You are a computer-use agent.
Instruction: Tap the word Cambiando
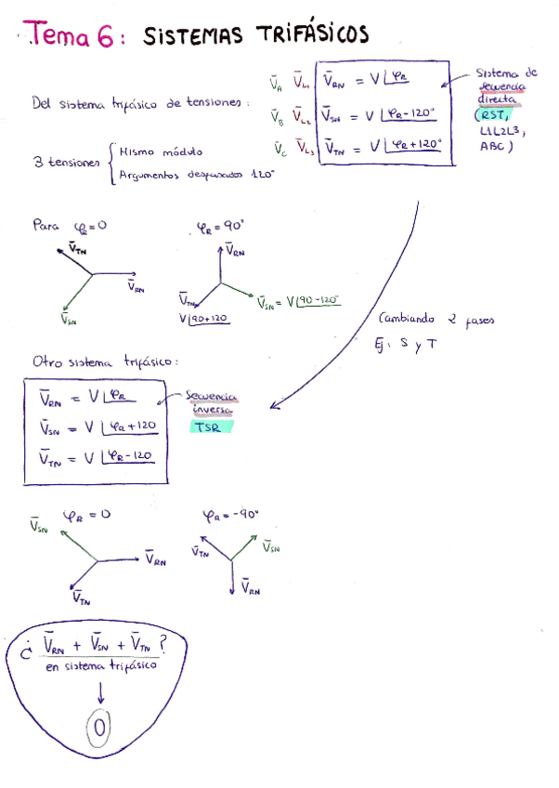tap(409, 318)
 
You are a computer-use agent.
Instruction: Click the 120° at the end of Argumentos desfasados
tap(263, 173)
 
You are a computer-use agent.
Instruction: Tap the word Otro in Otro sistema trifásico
tap(47, 362)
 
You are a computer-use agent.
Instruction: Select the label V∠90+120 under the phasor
tap(204, 319)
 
